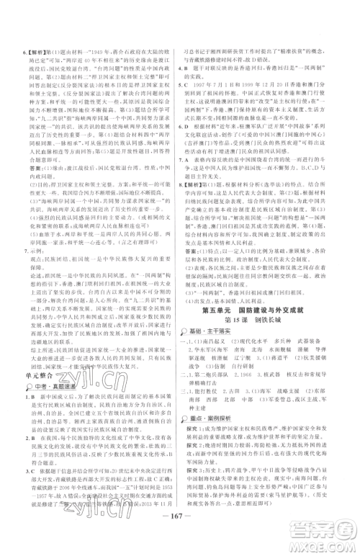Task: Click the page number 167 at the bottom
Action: click(179, 534)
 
